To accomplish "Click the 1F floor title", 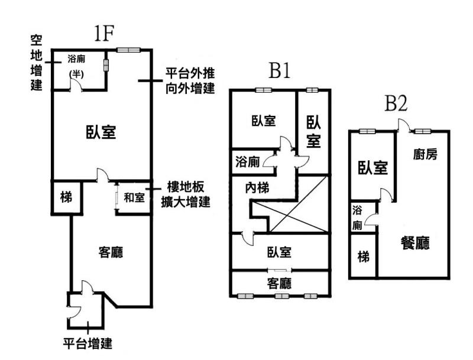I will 103,34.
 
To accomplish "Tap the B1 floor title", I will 279,71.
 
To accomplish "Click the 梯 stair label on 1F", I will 66,197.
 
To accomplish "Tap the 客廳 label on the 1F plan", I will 109,252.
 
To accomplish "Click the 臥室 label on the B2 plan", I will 372,168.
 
